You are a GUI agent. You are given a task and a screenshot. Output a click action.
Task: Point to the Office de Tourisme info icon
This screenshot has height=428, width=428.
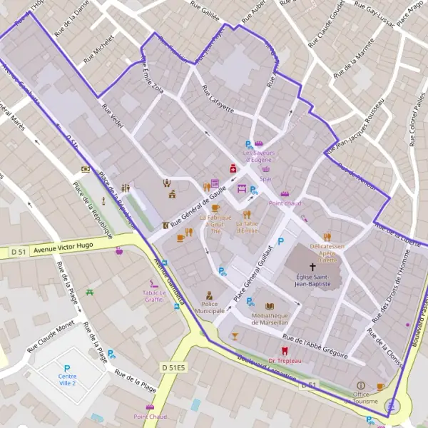point(360,385)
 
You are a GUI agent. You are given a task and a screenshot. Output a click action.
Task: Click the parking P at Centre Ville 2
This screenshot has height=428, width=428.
point(67,368)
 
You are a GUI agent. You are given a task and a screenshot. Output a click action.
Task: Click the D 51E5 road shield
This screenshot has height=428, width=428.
point(173,367)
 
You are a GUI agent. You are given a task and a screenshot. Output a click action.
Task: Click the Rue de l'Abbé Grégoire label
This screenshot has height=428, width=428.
point(315,345)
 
